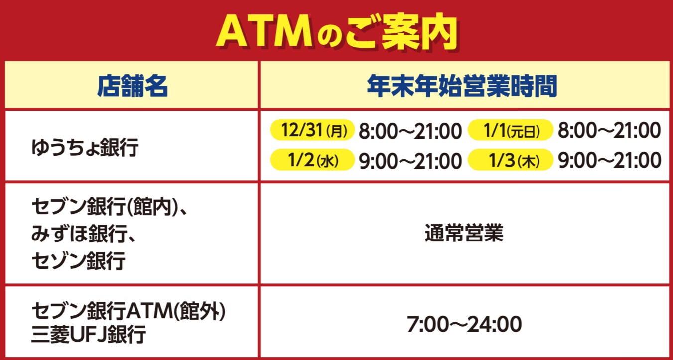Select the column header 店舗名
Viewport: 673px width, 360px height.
132,86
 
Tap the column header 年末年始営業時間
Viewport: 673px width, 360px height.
462,86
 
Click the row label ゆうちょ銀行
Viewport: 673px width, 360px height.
85,147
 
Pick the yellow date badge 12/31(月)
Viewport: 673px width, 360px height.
312,130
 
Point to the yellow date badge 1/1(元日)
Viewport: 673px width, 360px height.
511,130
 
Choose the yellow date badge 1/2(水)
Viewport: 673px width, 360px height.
312,160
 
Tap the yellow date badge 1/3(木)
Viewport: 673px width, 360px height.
511,160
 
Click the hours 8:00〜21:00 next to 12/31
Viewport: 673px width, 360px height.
410,131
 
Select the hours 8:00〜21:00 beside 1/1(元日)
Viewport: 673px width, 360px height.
609,130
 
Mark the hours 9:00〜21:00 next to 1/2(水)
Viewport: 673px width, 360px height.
410,161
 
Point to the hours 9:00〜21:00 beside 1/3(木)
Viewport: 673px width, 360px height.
609,161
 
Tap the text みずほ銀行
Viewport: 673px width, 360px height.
79,234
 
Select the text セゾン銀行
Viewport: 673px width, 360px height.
78,260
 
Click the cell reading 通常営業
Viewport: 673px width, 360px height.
464,233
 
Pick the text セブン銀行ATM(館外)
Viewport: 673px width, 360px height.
129,311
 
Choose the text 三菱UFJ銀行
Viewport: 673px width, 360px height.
89,334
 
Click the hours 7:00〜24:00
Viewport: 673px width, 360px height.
464,324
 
